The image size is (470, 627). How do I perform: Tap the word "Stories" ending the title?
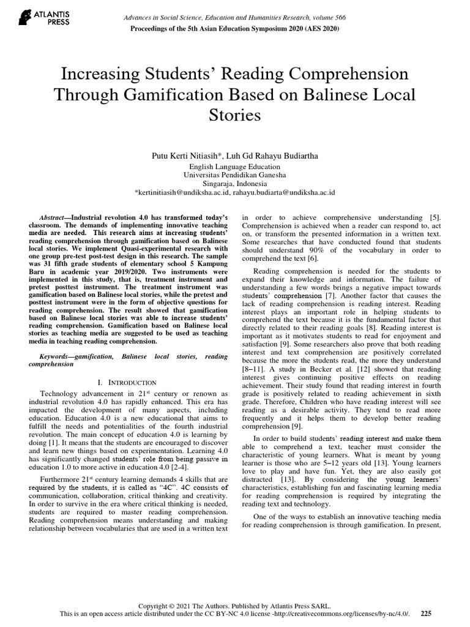[x=234, y=115]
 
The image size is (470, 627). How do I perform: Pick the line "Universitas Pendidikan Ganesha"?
[x=234, y=175]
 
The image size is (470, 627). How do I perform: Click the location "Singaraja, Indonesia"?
[x=234, y=183]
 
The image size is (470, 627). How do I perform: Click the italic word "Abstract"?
[x=51, y=217]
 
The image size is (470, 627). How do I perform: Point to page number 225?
[x=426, y=613]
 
